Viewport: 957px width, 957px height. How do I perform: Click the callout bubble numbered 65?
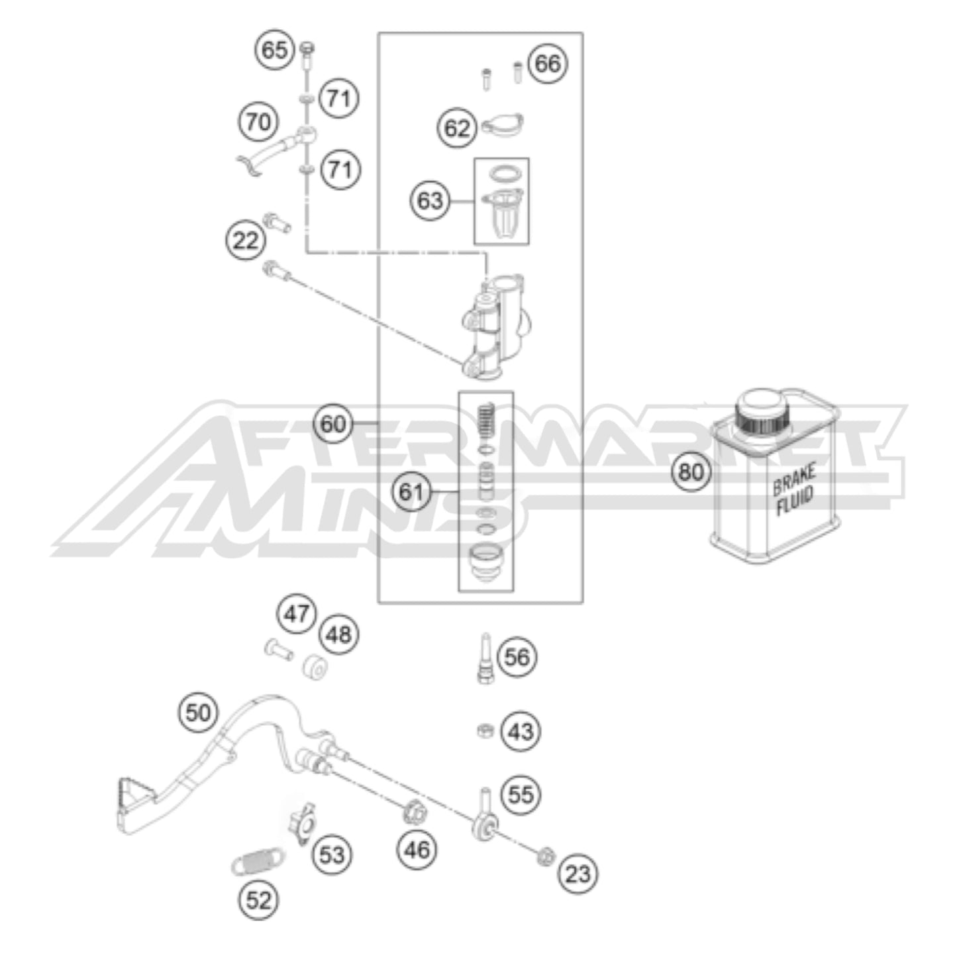[x=275, y=50]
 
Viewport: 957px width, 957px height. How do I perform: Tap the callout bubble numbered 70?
[x=258, y=122]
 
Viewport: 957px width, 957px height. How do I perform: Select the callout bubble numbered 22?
[x=246, y=241]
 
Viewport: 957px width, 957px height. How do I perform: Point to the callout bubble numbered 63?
[x=430, y=201]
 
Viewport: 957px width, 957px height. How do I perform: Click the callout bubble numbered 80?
[x=691, y=472]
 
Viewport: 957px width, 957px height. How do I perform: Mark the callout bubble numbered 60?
[x=332, y=424]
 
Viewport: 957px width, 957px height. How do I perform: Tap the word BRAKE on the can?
[x=794, y=479]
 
